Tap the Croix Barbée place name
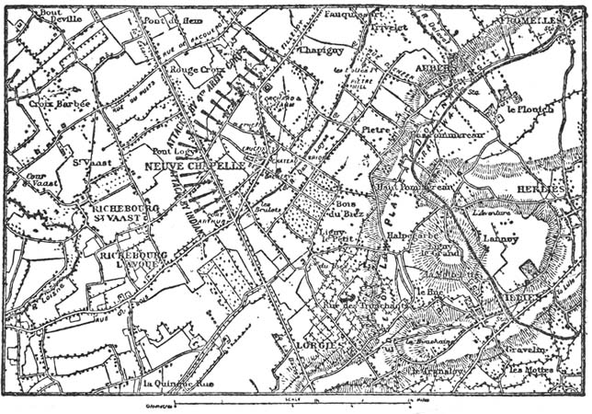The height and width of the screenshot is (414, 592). click(60, 104)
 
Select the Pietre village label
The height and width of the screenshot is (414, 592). click(375, 130)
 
